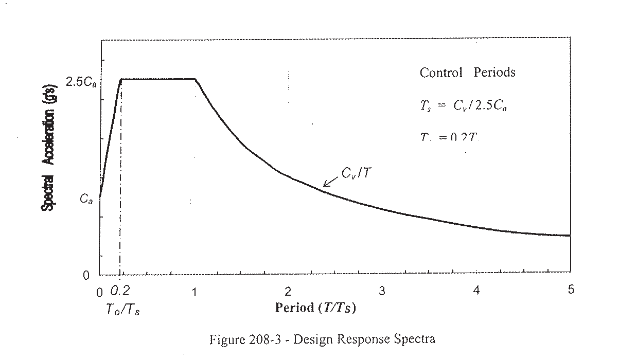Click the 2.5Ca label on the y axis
pyautogui.click(x=81, y=81)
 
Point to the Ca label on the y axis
pyautogui.click(x=86, y=200)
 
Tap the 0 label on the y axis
pyautogui.click(x=86, y=275)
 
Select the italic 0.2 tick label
pyautogui.click(x=120, y=292)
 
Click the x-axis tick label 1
pyautogui.click(x=194, y=292)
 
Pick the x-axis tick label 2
pyautogui.click(x=288, y=292)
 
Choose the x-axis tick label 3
pyautogui.click(x=382, y=292)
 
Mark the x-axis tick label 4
pyautogui.click(x=476, y=291)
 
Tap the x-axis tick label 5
pyautogui.click(x=571, y=290)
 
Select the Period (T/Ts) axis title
pyautogui.click(x=316, y=308)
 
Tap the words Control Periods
pyautogui.click(x=467, y=73)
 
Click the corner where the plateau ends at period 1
pyautogui.click(x=196, y=80)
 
